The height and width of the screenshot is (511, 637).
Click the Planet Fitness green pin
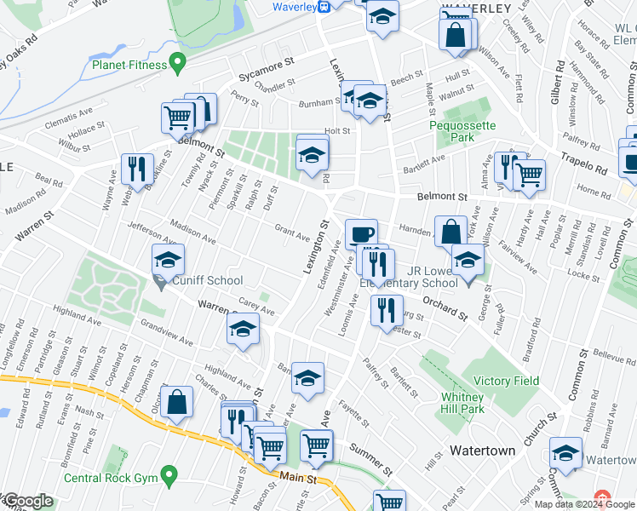[177, 62]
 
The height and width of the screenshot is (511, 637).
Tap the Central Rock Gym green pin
[169, 474]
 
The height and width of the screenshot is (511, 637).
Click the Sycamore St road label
[266, 62]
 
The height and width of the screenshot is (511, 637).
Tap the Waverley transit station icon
[324, 7]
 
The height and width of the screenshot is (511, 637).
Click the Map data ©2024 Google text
[583, 504]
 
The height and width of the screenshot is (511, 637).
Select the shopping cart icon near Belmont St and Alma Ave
[530, 175]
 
